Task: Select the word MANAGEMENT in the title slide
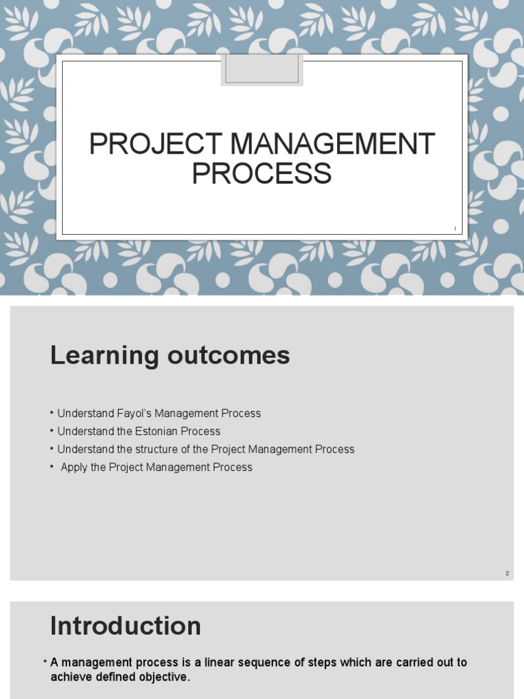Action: tap(332, 144)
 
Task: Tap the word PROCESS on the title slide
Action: tap(261, 173)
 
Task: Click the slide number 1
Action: tap(454, 229)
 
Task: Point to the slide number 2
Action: tap(507, 573)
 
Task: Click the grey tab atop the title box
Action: tap(262, 69)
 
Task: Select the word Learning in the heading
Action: tap(96, 356)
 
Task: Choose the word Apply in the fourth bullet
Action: tap(74, 468)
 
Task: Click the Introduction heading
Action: tap(126, 626)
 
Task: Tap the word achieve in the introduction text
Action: tap(71, 676)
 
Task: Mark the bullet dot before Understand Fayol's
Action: tap(52, 413)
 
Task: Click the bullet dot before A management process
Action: tap(45, 662)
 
